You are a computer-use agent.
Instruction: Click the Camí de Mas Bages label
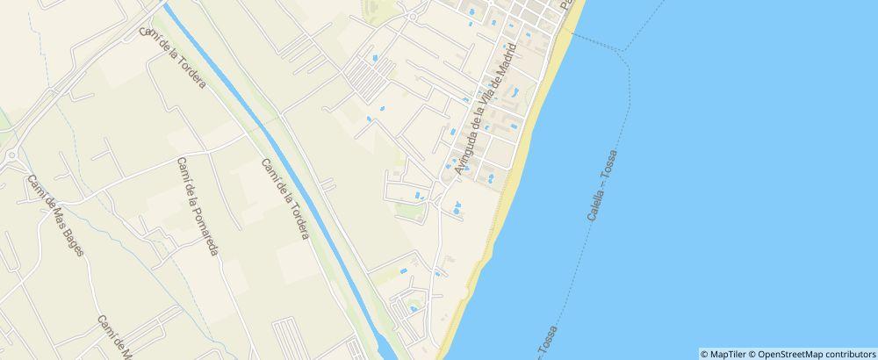[54, 215]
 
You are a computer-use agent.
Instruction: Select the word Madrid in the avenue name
[498, 78]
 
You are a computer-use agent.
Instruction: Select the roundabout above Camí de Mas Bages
[11, 155]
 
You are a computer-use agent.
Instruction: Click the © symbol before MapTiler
[704, 354]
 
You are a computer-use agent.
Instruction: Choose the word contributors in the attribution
[846, 354]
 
